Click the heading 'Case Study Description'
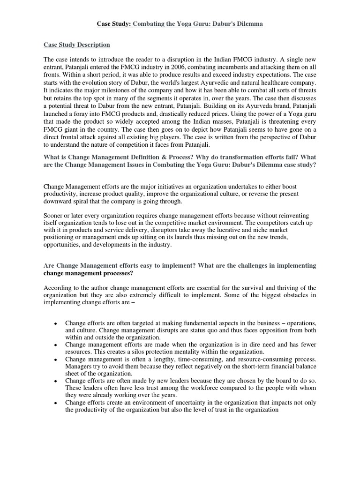click(77, 45)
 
